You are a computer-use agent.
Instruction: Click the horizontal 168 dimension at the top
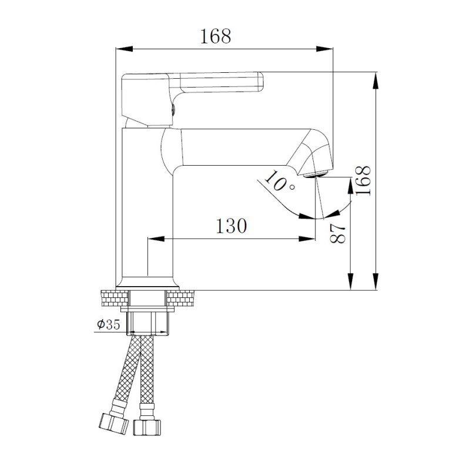pos(216,36)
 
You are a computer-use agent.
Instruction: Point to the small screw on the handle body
pos(172,108)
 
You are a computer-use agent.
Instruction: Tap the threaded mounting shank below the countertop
pos(147,323)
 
